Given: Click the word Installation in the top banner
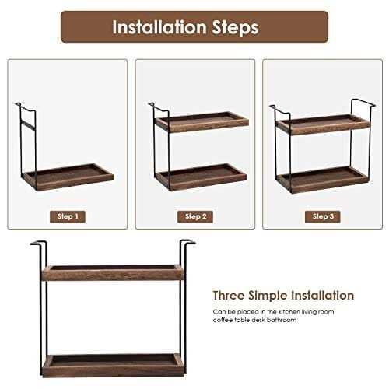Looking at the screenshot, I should [162, 27].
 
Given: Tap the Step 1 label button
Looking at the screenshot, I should [67, 216].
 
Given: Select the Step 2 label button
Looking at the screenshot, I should [194, 216].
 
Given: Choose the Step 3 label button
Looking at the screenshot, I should [321, 216].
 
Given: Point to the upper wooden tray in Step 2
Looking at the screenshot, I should [201, 121].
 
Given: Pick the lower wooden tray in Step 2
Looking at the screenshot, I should [201, 174].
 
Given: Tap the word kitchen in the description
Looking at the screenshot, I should [279, 310].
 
